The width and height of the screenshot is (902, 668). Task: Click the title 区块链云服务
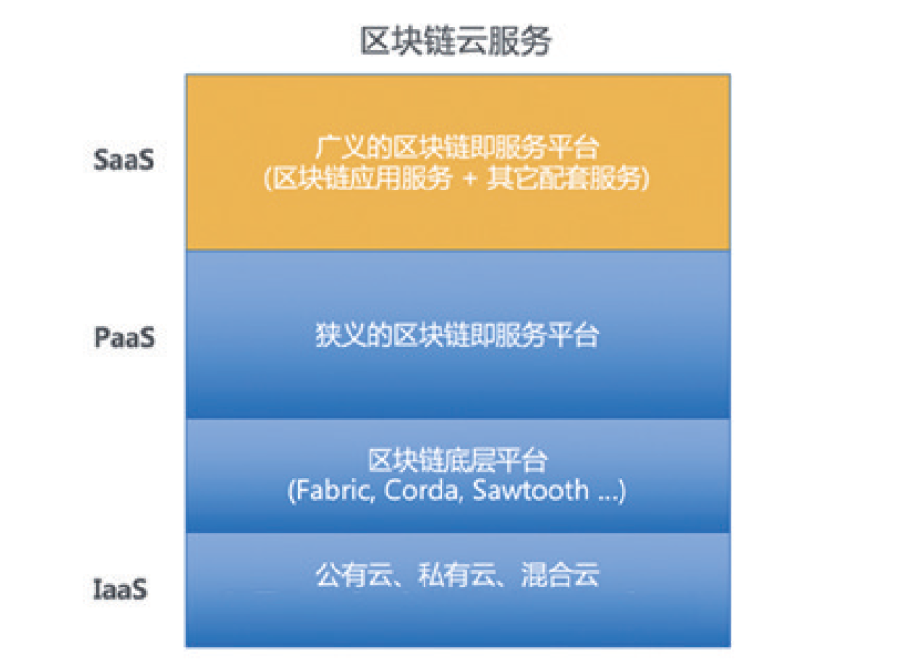pyautogui.click(x=456, y=41)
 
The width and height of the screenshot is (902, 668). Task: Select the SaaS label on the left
pyautogui.click(x=124, y=159)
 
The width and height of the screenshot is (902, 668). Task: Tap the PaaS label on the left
pyautogui.click(x=124, y=337)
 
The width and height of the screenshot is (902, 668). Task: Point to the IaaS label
pyautogui.click(x=120, y=589)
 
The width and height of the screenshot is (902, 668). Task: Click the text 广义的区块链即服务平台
pyautogui.click(x=458, y=147)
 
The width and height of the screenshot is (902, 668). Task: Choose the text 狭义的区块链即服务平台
pyautogui.click(x=458, y=334)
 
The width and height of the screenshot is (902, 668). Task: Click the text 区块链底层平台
pyautogui.click(x=458, y=460)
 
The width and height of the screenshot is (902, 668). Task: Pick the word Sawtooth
pyautogui.click(x=531, y=491)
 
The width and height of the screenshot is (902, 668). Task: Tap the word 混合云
pyautogui.click(x=560, y=575)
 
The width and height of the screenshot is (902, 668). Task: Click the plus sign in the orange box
pyautogui.click(x=470, y=178)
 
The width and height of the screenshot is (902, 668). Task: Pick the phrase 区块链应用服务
pyautogui.click(x=362, y=178)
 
